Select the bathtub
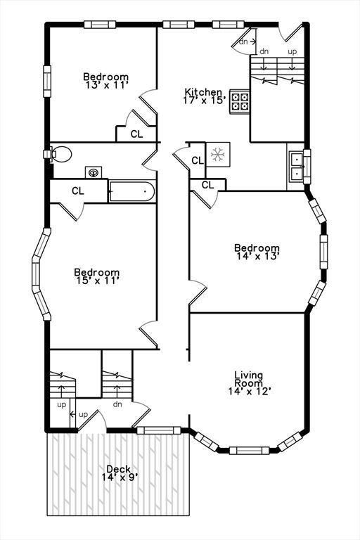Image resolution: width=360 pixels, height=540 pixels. (132, 191)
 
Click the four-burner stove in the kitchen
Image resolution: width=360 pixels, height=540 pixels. (240, 101)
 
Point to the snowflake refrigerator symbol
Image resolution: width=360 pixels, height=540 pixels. (218, 155)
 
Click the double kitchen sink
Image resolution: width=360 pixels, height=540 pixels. (295, 167)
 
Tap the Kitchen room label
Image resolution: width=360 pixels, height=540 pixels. (203, 92)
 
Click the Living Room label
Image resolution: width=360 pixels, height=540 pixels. (248, 378)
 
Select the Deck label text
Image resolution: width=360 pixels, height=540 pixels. (119, 469)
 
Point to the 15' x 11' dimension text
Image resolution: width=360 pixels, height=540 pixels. (98, 281)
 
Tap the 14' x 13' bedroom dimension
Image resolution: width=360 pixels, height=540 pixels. (257, 256)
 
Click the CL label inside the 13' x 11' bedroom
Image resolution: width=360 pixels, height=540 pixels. (137, 134)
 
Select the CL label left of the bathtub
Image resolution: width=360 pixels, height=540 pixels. (78, 191)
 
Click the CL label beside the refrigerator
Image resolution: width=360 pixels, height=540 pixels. (198, 160)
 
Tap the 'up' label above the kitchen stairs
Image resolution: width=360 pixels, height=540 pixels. (292, 51)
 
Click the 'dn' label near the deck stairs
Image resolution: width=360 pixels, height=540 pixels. (117, 404)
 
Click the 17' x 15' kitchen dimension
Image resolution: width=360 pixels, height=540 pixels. (205, 100)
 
